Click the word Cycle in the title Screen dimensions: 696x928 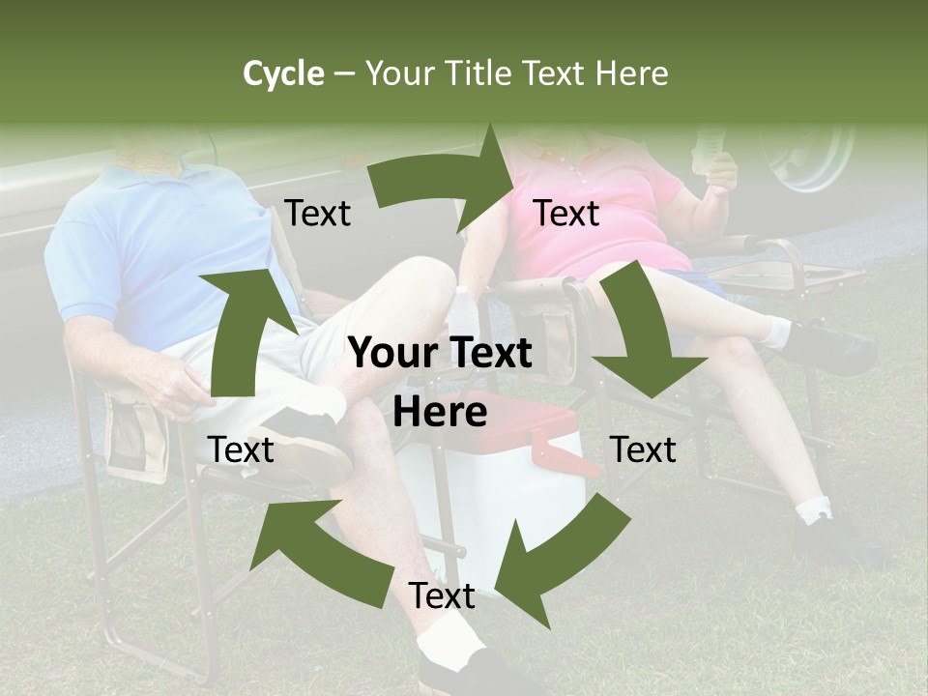coord(283,73)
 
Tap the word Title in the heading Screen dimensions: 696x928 coord(482,73)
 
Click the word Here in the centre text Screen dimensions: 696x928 coord(440,413)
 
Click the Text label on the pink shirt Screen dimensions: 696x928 coord(566,213)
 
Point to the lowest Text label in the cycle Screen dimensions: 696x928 coord(442,595)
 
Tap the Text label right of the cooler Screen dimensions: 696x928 coord(643,449)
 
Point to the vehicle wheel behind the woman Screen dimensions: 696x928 coord(807,155)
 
